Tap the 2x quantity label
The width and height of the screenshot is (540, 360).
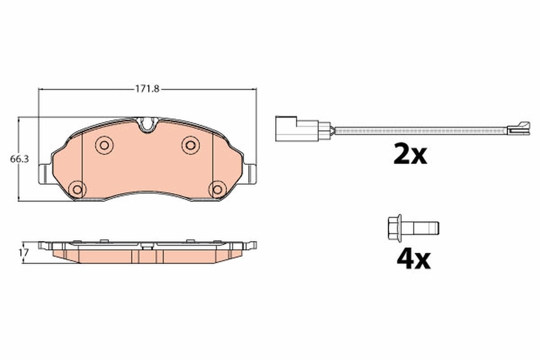coord(409,155)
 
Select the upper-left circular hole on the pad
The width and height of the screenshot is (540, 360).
coord(104,144)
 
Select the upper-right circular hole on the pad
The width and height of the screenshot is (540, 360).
coord(190,144)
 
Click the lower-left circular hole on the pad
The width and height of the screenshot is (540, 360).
coord(77,189)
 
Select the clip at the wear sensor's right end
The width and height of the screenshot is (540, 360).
coord(518,129)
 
